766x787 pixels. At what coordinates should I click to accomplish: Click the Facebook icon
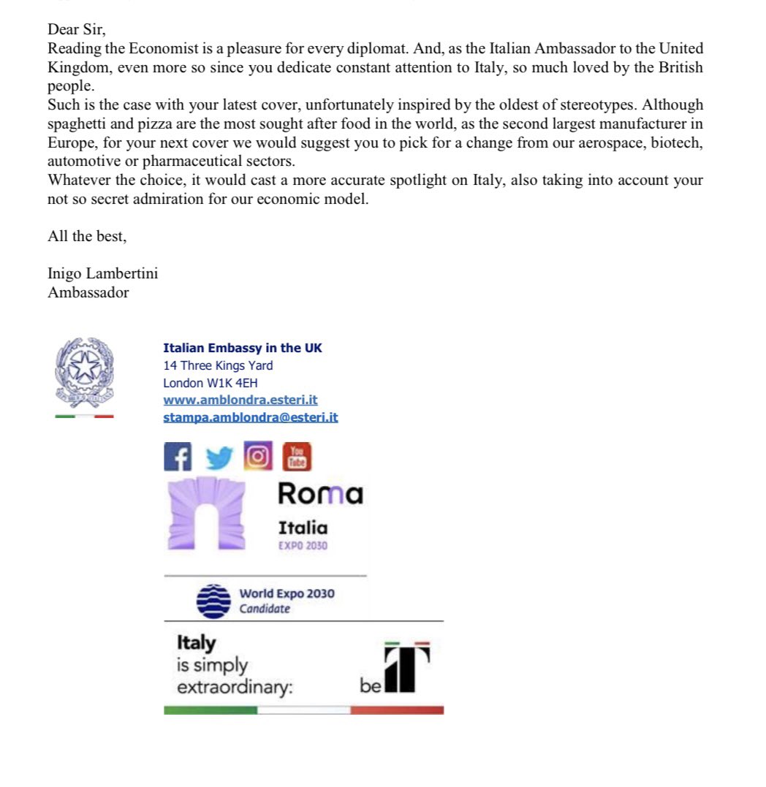(177, 458)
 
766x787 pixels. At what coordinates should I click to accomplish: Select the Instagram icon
(257, 456)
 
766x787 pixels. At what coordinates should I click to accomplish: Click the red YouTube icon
(297, 457)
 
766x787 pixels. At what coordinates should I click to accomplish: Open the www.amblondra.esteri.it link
(240, 400)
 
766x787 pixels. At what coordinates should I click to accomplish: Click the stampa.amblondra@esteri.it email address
(250, 418)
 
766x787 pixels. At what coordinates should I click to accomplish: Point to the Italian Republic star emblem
(83, 371)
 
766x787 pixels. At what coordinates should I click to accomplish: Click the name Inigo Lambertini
(102, 274)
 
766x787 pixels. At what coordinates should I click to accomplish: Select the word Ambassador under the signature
(88, 292)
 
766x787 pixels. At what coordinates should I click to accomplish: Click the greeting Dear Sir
(77, 30)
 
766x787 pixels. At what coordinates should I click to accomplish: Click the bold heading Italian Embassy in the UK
(242, 348)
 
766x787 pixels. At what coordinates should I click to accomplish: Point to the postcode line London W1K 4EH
(210, 383)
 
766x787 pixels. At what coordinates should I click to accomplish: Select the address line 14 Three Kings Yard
(218, 365)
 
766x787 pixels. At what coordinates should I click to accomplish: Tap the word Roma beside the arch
(319, 494)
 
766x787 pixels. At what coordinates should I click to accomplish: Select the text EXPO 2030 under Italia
(303, 546)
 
